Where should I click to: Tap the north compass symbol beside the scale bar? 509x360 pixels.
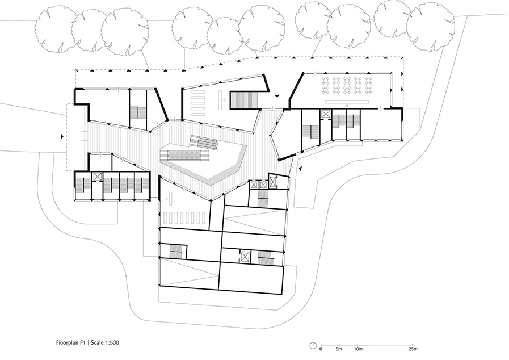pyautogui.click(x=313, y=345)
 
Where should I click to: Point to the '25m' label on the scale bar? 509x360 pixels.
pyautogui.click(x=413, y=349)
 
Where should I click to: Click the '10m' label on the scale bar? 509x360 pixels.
pyautogui.click(x=357, y=349)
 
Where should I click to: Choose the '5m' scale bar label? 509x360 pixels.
pyautogui.click(x=339, y=349)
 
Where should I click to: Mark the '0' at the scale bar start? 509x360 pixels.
pyautogui.click(x=321, y=349)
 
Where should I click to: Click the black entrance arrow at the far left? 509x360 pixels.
pyautogui.click(x=61, y=137)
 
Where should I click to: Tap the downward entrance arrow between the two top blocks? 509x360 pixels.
pyautogui.click(x=277, y=95)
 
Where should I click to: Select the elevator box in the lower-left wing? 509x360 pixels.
pyautogui.click(x=98, y=177)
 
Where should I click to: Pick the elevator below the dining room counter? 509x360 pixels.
pyautogui.click(x=325, y=114)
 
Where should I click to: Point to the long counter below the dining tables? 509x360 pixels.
pyautogui.click(x=347, y=102)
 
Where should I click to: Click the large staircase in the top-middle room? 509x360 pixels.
pyautogui.click(x=244, y=99)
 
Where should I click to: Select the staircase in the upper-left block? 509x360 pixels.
pyautogui.click(x=138, y=113)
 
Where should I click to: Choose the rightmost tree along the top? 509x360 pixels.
pyautogui.click(x=431, y=27)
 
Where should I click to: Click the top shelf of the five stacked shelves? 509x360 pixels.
pyautogui.click(x=199, y=93)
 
